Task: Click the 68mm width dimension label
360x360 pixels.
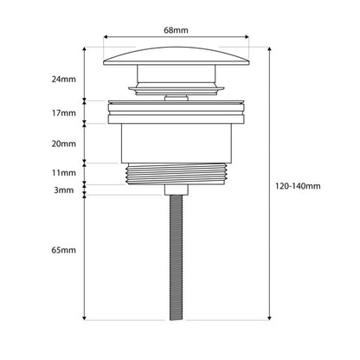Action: (x=176, y=30)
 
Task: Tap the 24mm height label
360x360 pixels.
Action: (x=64, y=79)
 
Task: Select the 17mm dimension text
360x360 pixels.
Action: (x=64, y=112)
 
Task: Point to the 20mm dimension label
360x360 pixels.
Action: (x=64, y=144)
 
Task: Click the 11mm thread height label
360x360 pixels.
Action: (x=64, y=173)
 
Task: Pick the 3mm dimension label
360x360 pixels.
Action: (x=64, y=190)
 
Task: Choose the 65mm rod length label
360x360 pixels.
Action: (x=64, y=250)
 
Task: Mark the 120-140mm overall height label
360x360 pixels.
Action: (x=298, y=186)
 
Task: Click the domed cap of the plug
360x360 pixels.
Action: (x=177, y=56)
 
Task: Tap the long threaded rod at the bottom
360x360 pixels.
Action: (x=177, y=258)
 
